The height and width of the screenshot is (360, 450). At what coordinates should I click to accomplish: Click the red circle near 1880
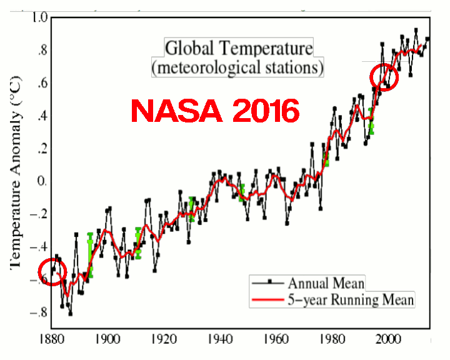coord(52,272)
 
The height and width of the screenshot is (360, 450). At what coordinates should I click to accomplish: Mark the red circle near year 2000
coord(384,77)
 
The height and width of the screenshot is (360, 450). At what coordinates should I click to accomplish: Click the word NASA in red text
coord(178,111)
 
